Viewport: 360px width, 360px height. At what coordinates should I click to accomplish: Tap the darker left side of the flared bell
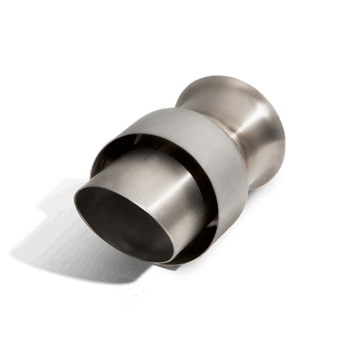pyautogui.click(x=197, y=96)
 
